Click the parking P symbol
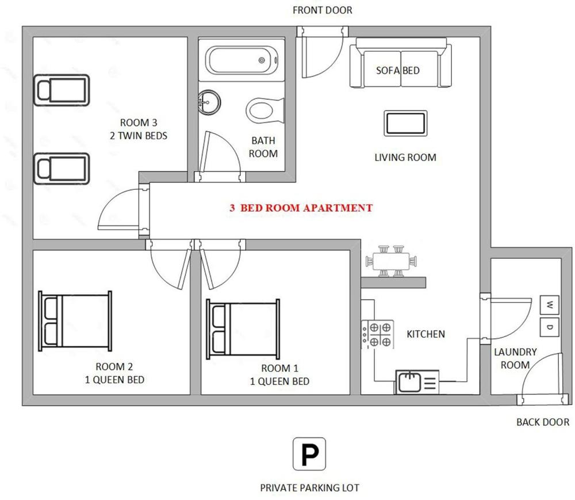pyautogui.click(x=309, y=454)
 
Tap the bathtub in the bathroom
pyautogui.click(x=241, y=60)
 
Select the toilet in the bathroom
pyautogui.click(x=265, y=110)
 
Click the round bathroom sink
pyautogui.click(x=209, y=102)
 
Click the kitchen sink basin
pyautogui.click(x=409, y=382)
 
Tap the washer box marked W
pyautogui.click(x=549, y=305)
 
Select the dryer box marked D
pyautogui.click(x=549, y=327)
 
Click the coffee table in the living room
pyautogui.click(x=405, y=123)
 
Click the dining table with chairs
pyautogui.click(x=391, y=261)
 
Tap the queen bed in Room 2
pyautogui.click(x=75, y=321)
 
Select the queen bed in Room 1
pyautogui.click(x=243, y=329)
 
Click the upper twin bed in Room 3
pyautogui.click(x=62, y=90)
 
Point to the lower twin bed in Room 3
pyautogui.click(x=62, y=169)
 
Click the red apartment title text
pyautogui.click(x=301, y=208)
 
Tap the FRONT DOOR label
pyautogui.click(x=323, y=10)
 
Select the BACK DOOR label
pyautogui.click(x=543, y=422)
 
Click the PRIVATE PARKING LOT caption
pyautogui.click(x=309, y=488)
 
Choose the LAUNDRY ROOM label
pyautogui.click(x=515, y=358)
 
